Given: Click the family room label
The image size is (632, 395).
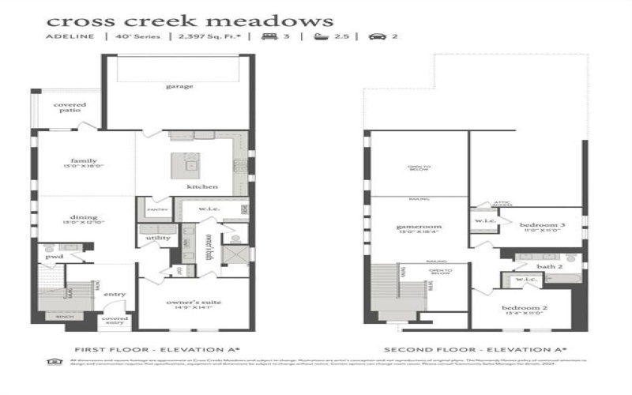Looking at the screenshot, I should pos(84,161).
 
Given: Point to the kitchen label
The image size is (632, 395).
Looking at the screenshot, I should pos(197,186).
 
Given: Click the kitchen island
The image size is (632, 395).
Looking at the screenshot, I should pos(192,165).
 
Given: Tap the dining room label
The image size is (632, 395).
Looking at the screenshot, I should pos(84,218).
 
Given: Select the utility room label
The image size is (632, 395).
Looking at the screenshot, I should pos(159,237).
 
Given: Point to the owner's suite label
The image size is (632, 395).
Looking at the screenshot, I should pos(193,303).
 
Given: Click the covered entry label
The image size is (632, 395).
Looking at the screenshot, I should pos(115,319).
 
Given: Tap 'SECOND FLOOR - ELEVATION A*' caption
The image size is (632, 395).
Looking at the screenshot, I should pos(475,348).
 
